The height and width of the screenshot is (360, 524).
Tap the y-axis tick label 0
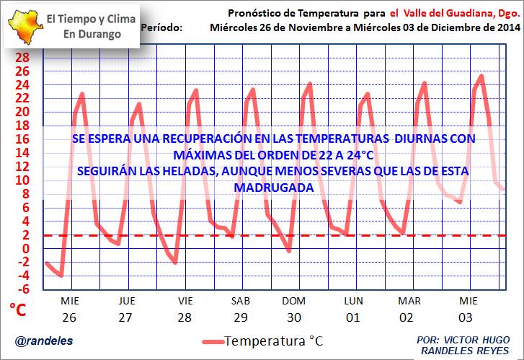26,249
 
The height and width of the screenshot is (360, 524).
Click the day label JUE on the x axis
127,301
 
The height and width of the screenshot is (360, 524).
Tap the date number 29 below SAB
240,317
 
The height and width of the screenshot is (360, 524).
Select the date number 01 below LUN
352,317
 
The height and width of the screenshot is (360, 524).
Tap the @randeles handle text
37,340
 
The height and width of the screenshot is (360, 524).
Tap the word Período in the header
163,27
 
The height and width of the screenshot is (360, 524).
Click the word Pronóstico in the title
254,13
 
